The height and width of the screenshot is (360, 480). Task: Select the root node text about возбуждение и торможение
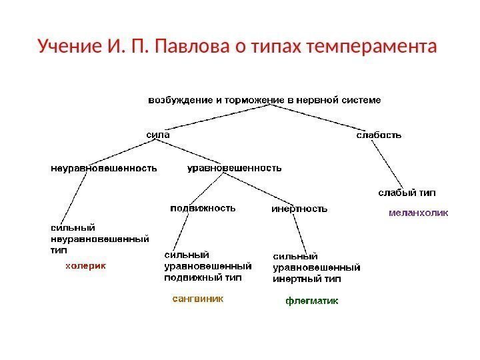264,100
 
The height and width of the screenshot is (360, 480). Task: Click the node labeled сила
157,134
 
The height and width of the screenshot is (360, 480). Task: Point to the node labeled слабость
379,135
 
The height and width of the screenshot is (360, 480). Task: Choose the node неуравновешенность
104,168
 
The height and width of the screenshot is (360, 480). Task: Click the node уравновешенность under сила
233,168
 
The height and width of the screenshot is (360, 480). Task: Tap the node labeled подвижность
203,207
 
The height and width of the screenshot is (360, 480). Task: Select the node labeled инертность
299,209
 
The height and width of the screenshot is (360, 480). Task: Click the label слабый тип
407,193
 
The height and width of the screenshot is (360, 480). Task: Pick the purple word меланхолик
418,213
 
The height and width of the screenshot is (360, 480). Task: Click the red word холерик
85,265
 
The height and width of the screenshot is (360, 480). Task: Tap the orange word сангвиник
198,299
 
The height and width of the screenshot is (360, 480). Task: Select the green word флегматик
312,301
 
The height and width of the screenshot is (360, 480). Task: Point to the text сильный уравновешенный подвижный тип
203,266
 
